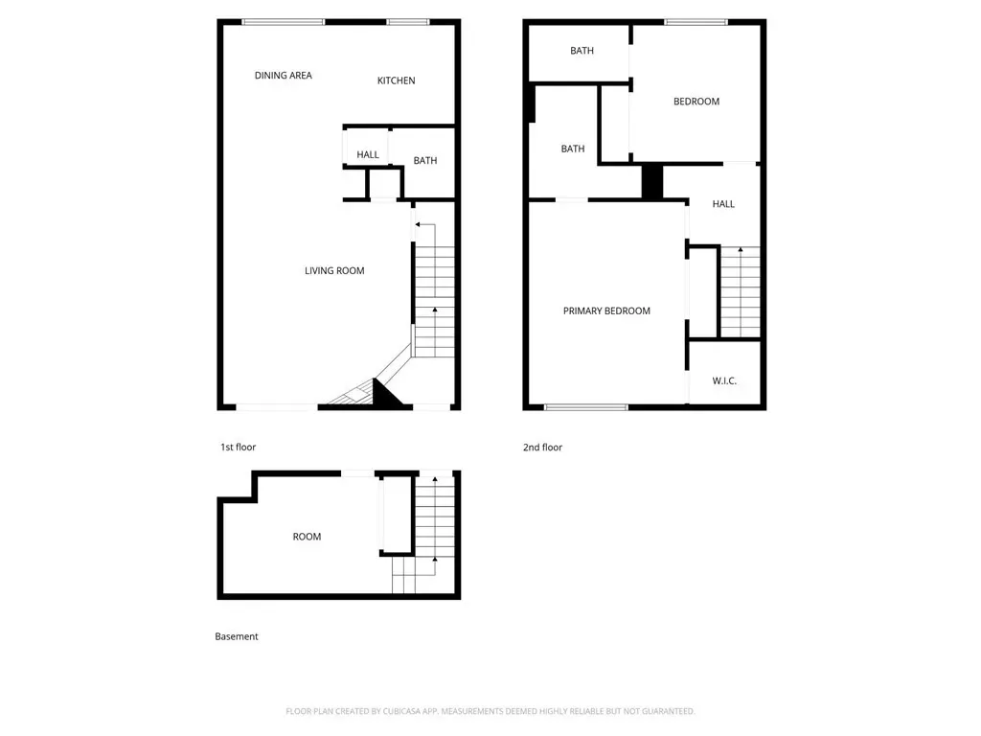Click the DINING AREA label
coord(283,75)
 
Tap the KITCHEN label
coord(396,80)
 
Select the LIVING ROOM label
coord(334,270)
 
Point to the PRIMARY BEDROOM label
coord(606,310)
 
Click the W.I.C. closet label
coord(724,380)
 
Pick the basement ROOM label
coord(307,537)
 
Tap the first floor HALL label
coord(368,154)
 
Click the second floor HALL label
coord(723,203)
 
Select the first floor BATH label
coord(424,160)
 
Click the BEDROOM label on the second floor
coord(696,102)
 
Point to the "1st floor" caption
coord(238,447)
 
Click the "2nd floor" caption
coord(542,447)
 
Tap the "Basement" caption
coord(236,636)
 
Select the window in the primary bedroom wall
coord(585,407)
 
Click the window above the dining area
coord(284,22)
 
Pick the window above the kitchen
coord(408,22)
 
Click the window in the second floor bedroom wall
coord(696,22)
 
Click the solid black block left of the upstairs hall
coord(651,181)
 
